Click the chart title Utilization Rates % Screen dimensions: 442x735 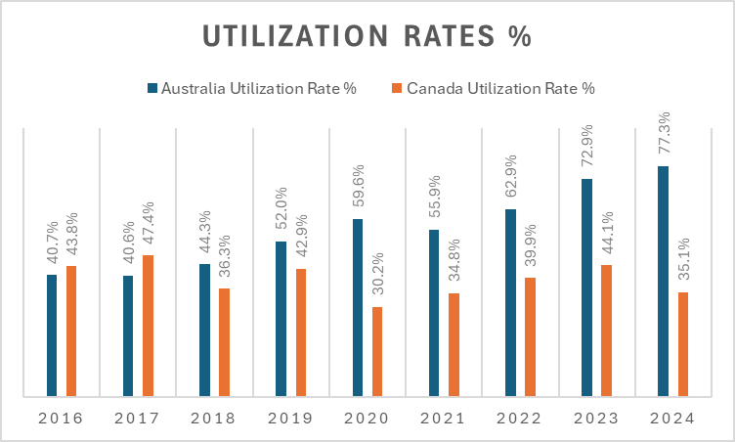click(x=367, y=35)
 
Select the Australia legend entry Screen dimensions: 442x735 click(x=252, y=88)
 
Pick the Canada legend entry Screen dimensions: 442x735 click(x=499, y=88)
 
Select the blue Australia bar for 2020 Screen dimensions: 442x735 click(x=358, y=308)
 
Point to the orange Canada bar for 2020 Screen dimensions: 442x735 click(x=376, y=352)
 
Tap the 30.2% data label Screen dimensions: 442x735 click(x=377, y=276)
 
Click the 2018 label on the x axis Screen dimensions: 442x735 click(x=213, y=419)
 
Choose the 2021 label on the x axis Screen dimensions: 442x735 click(x=443, y=419)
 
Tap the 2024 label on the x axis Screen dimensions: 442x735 click(x=671, y=419)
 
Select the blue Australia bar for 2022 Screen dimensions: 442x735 click(x=510, y=303)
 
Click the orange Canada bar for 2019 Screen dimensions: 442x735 click(x=300, y=332)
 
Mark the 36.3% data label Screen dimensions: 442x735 click(x=224, y=257)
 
